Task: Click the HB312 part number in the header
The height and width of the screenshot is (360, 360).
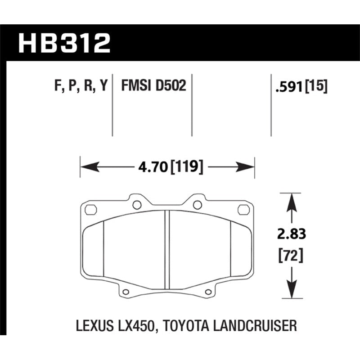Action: (64, 43)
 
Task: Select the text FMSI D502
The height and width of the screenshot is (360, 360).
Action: (153, 85)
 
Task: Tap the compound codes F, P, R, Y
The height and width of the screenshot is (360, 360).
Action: (81, 86)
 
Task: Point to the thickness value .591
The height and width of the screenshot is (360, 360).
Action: (290, 87)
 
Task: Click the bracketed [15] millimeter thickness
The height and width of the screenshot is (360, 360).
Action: (316, 86)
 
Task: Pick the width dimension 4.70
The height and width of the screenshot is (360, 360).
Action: (153, 167)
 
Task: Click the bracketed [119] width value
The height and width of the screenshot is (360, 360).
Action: (187, 167)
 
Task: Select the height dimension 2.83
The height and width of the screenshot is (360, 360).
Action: (291, 234)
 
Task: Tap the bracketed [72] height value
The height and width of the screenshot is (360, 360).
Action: (291, 255)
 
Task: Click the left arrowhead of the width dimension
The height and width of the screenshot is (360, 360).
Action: (90, 166)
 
